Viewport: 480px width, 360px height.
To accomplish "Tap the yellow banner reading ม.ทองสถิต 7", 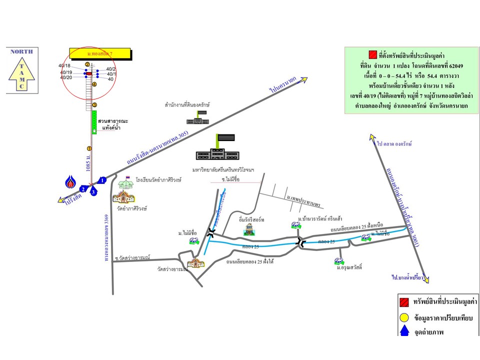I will (100, 53).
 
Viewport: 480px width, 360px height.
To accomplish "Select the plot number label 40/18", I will (65, 66).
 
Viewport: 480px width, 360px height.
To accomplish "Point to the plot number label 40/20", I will (66, 77).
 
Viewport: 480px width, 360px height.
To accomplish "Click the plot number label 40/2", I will (111, 69).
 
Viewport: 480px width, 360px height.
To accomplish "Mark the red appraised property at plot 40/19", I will (89, 73).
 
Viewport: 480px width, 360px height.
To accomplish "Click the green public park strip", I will (93, 122).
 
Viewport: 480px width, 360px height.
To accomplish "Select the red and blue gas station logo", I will (71, 182).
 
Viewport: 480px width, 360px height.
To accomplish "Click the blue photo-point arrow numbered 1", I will (101, 180).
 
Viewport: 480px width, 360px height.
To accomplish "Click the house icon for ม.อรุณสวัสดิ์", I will (338, 260).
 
